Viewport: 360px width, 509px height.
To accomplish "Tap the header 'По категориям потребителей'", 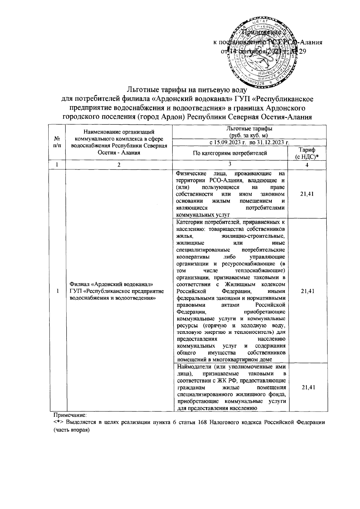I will [230, 154].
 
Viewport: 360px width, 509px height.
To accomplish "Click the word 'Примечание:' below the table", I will [70, 415].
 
